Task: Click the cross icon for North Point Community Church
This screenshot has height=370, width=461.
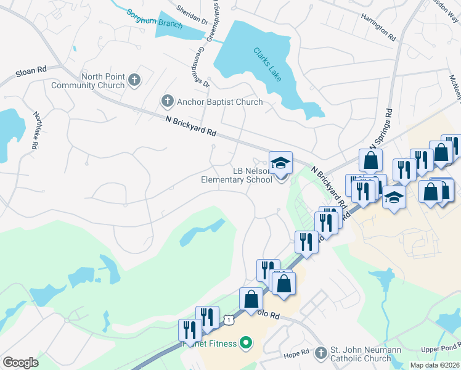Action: (x=134, y=80)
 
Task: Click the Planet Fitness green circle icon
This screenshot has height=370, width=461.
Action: (x=246, y=342)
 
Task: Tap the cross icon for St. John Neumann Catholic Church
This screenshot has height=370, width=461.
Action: (x=320, y=353)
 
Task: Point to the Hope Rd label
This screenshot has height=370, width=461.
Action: (x=296, y=353)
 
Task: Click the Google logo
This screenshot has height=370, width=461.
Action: (x=20, y=363)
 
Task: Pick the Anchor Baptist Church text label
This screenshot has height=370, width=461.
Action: (x=220, y=102)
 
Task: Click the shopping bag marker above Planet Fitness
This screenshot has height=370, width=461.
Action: (x=251, y=300)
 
